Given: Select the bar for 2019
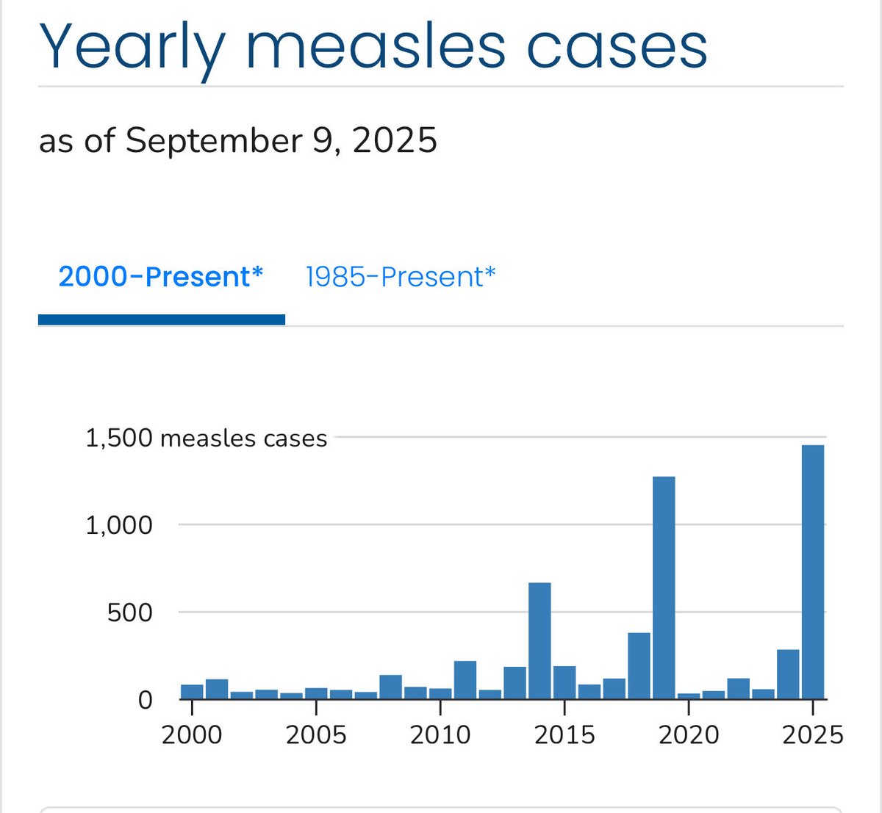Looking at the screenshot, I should tap(664, 588).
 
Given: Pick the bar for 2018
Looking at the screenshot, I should tap(639, 665).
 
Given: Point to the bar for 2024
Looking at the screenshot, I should tap(788, 674).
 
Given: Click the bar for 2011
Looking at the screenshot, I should tap(465, 680).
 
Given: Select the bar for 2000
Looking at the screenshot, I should tap(192, 691).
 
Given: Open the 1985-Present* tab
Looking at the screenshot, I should tap(401, 277).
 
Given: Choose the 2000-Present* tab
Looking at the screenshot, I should tap(161, 277).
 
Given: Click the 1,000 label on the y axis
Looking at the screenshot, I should tap(119, 525).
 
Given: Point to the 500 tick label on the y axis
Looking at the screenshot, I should tap(129, 613).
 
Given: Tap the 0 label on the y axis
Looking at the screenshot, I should tap(145, 700).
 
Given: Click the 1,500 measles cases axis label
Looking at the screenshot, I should tap(206, 438).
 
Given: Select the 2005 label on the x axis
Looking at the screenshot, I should tap(316, 734).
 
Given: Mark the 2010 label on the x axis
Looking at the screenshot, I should tap(440, 734).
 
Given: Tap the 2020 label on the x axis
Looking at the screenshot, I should tap(689, 734).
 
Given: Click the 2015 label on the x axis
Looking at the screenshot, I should tap(564, 734).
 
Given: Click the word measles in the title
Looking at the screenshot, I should tap(376, 47).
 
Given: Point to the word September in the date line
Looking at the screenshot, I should tap(213, 140).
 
